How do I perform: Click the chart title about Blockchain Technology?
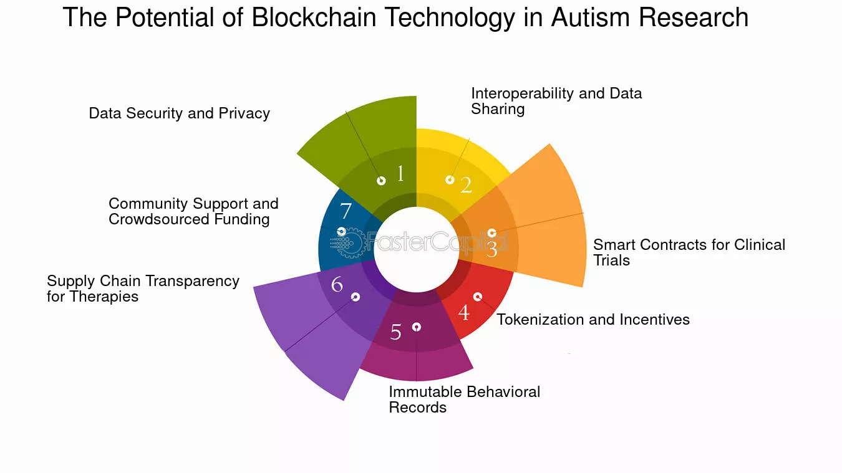pyautogui.click(x=405, y=17)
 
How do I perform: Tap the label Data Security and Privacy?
pyautogui.click(x=179, y=113)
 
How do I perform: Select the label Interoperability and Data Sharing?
pyautogui.click(x=556, y=101)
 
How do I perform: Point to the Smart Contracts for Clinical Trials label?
pyautogui.click(x=689, y=252)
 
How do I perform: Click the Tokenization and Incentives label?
pyautogui.click(x=593, y=320)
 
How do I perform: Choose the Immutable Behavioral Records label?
pyautogui.click(x=464, y=399)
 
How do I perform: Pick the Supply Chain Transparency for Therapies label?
pyautogui.click(x=143, y=289)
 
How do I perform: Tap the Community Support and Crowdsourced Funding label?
pyautogui.click(x=193, y=211)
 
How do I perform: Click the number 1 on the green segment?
pyautogui.click(x=400, y=174)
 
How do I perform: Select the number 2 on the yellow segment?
pyautogui.click(x=466, y=185)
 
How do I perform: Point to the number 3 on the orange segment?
pyautogui.click(x=491, y=249)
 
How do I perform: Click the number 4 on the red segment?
pyautogui.click(x=464, y=312)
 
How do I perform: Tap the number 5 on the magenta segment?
pyautogui.click(x=395, y=332)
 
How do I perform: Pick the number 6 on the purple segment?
pyautogui.click(x=337, y=284)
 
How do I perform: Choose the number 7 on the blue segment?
pyautogui.click(x=346, y=211)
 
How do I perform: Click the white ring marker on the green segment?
pyautogui.click(x=381, y=181)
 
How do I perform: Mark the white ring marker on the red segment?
pyautogui.click(x=477, y=297)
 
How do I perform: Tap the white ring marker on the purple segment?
pyautogui.click(x=356, y=297)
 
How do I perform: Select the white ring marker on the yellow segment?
pyautogui.click(x=450, y=180)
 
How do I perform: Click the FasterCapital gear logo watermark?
pyautogui.click(x=347, y=242)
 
